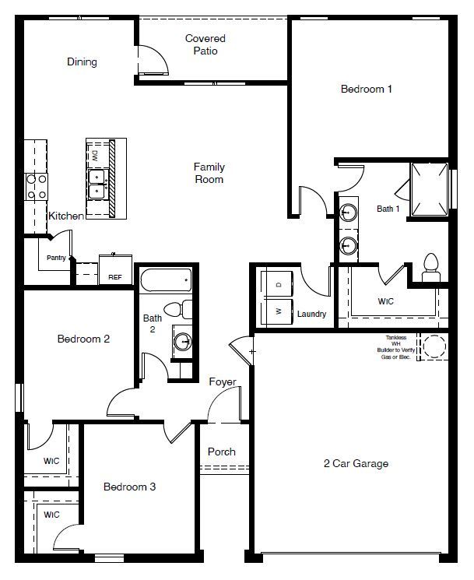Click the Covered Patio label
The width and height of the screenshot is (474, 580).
[x=205, y=44]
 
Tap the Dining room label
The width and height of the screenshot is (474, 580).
[x=82, y=62]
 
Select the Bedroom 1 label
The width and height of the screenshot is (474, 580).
[x=366, y=89]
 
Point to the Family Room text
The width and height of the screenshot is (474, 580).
[x=209, y=173]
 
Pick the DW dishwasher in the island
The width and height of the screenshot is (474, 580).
[x=95, y=156]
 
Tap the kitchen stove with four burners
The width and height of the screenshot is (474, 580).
[x=37, y=186]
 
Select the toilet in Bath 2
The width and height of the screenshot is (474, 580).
[x=183, y=309]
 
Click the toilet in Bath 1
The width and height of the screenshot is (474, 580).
[x=430, y=267]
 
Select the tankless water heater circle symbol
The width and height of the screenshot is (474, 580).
[x=434, y=346]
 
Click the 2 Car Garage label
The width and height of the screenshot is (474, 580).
[x=356, y=464]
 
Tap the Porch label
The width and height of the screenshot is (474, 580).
[x=221, y=452]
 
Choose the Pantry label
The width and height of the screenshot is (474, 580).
[x=56, y=258]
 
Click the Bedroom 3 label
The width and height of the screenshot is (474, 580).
[x=130, y=487]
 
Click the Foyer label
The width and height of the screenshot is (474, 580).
[x=223, y=381]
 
